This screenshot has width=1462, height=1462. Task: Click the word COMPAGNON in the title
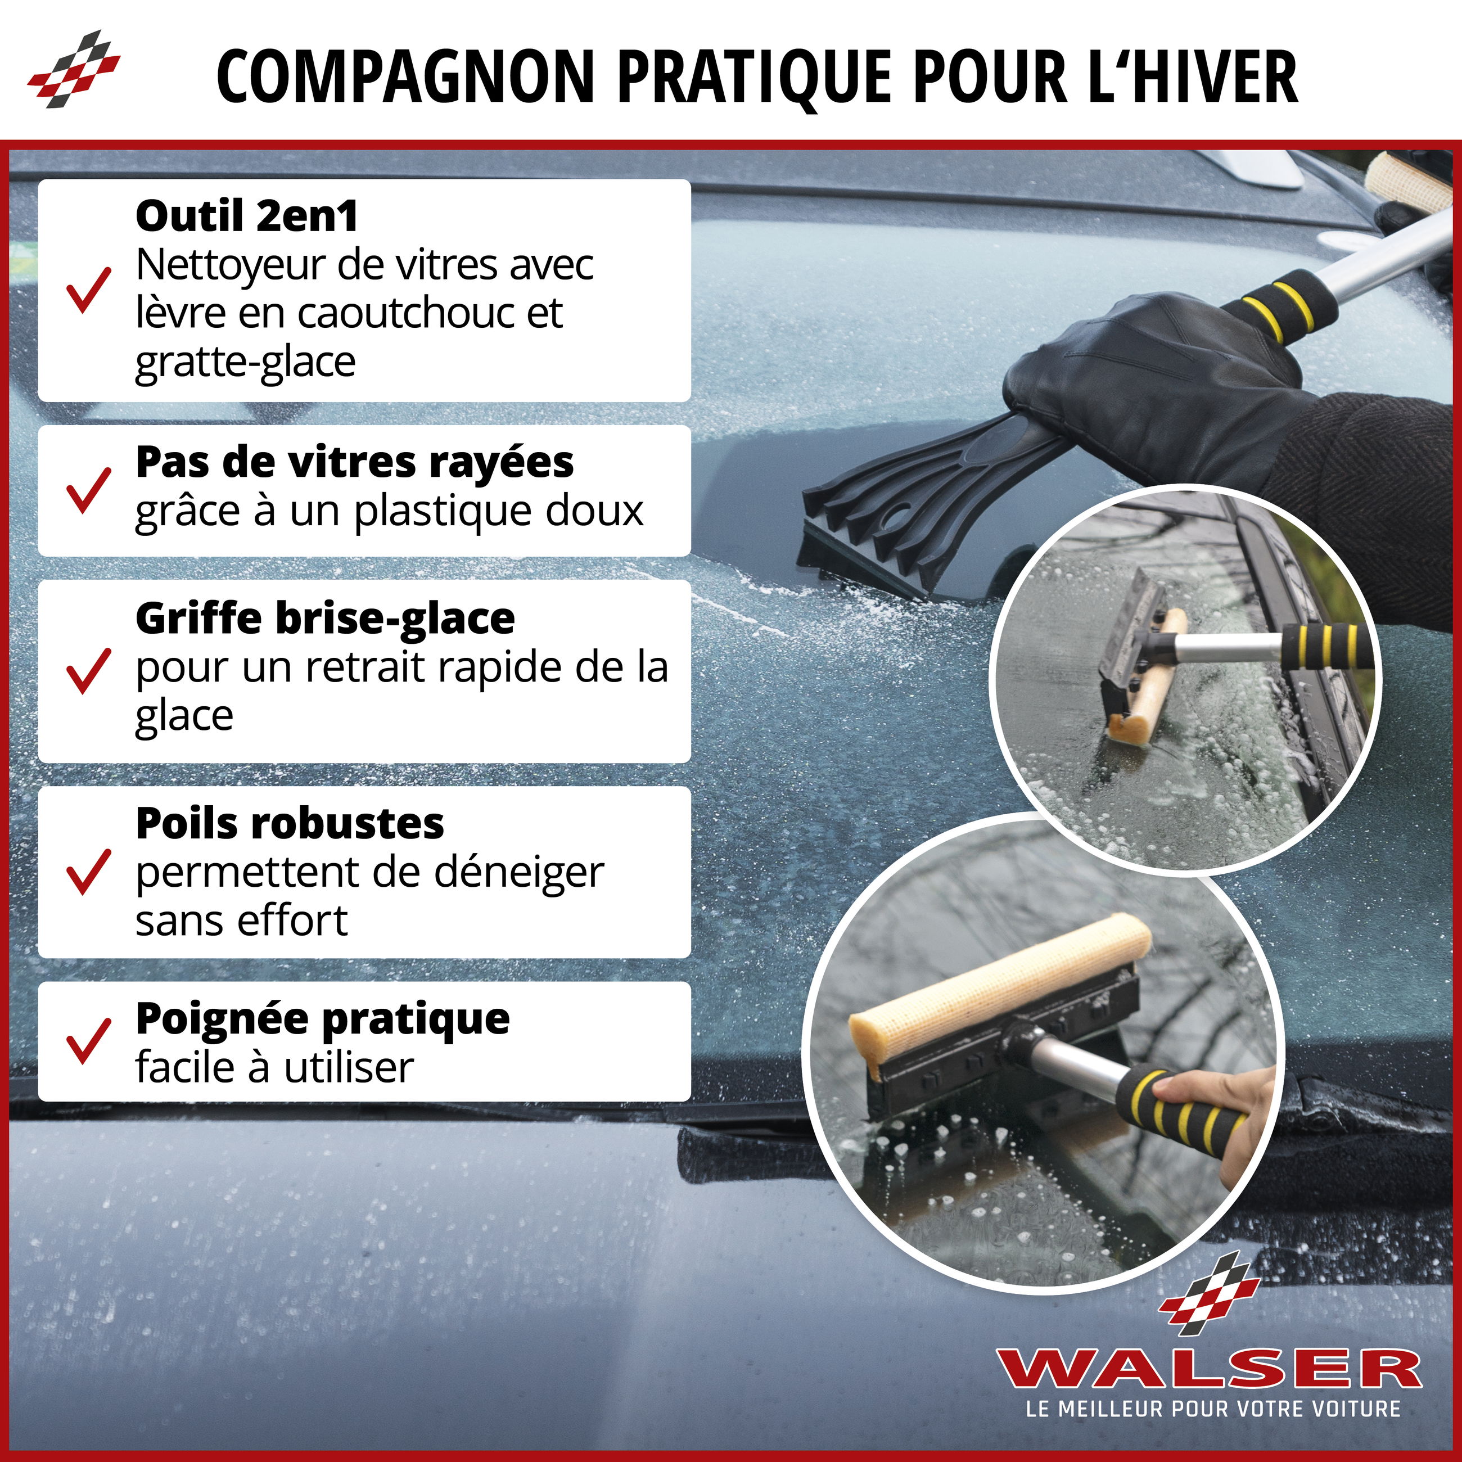pos(405,76)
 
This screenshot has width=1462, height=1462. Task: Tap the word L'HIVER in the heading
pos(1193,76)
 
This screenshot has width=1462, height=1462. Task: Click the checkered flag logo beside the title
pos(74,69)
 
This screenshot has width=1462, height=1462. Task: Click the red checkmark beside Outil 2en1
pos(88,290)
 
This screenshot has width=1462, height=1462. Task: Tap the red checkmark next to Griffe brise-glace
pos(88,670)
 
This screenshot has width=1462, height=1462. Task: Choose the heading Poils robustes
pos(290,823)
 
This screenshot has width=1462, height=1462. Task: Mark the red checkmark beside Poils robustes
pos(88,872)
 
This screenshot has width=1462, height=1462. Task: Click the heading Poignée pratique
pos(322,1019)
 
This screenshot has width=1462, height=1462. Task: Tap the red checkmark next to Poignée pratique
pos(88,1041)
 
